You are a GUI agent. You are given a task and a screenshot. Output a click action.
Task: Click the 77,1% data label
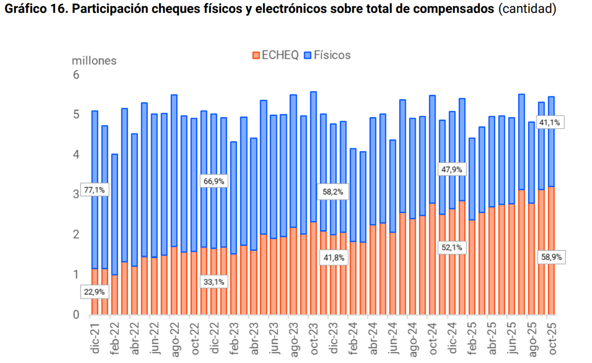(x=94, y=190)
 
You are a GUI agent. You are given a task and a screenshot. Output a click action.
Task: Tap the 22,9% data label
(x=94, y=292)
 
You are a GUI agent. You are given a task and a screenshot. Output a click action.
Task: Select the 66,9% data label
(x=214, y=181)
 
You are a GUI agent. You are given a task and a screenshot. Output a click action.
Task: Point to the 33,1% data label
(x=214, y=282)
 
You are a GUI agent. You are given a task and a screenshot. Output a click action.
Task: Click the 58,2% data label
(x=333, y=192)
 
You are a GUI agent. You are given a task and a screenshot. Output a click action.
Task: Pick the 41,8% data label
(x=333, y=257)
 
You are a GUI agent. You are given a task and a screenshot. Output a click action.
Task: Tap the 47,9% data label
(x=451, y=169)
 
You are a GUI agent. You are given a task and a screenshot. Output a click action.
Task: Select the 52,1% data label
(x=451, y=248)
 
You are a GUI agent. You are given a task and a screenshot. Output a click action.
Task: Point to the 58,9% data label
(x=552, y=257)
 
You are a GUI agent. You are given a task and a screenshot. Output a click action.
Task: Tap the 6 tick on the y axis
(x=76, y=75)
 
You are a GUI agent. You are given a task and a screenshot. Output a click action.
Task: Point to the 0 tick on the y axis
(x=76, y=315)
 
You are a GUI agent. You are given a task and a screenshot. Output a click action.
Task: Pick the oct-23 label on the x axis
(x=314, y=338)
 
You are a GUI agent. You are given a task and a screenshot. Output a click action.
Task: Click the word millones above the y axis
(x=94, y=61)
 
